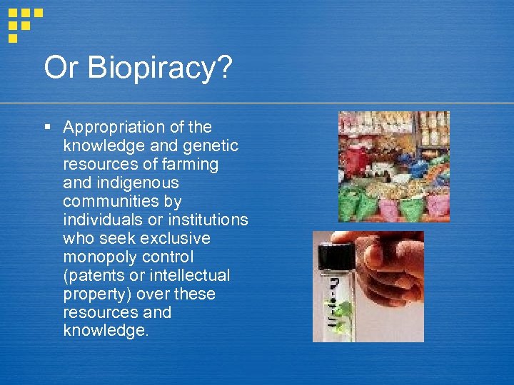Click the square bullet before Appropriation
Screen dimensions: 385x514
(47, 128)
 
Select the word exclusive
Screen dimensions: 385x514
(173, 238)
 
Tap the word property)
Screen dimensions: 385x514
(95, 294)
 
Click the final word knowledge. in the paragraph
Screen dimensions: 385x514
(106, 331)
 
